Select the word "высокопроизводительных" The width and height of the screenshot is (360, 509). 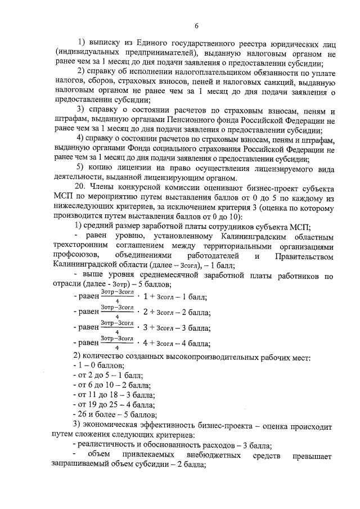pos(200,357)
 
